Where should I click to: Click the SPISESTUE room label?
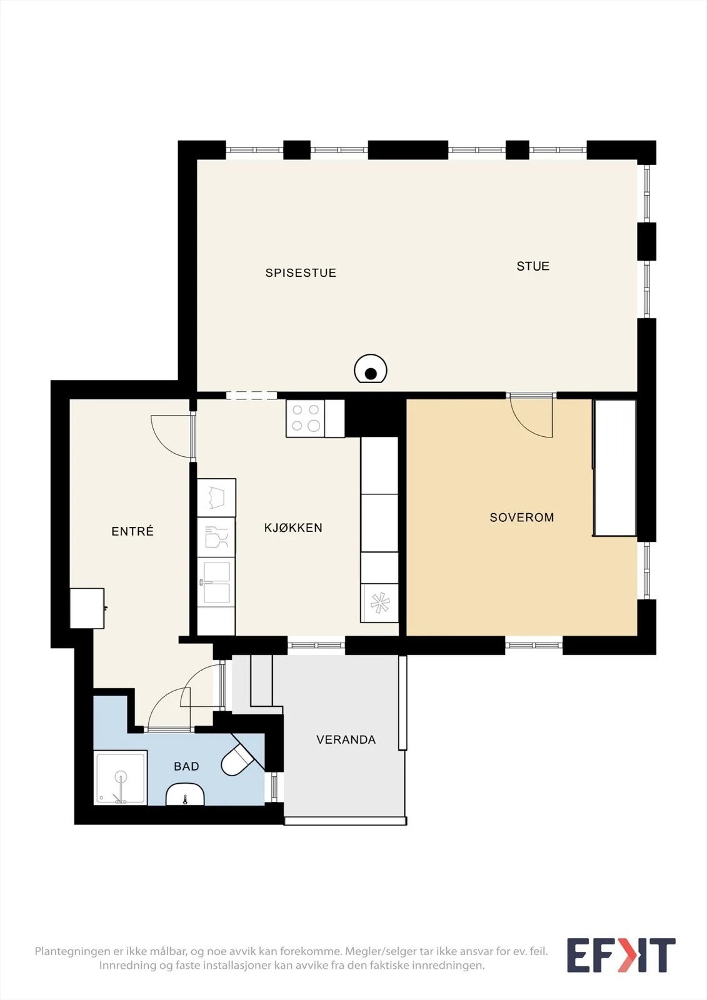301,272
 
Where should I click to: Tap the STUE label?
533,266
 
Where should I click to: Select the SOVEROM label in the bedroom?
521,517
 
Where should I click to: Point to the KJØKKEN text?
293,527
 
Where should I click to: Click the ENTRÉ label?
132,531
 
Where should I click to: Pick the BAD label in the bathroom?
186,766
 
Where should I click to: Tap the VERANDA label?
346,740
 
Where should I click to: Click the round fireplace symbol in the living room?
370,369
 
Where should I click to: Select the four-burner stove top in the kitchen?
306,418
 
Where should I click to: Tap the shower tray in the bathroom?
121,777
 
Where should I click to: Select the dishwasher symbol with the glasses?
216,537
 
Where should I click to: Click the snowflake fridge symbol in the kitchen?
379,602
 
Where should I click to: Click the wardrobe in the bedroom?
614,467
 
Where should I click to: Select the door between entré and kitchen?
171,437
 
